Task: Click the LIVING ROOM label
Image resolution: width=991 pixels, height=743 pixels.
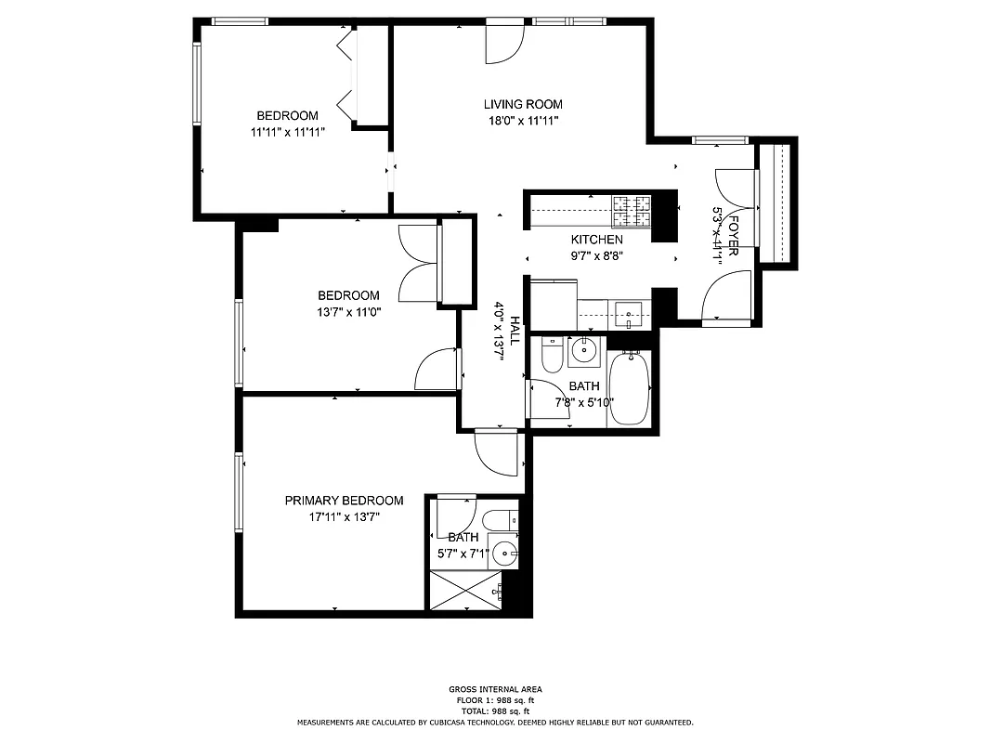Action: click(523, 104)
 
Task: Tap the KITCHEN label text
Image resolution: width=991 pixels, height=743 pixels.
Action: click(596, 240)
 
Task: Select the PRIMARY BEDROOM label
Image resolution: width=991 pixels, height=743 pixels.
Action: click(344, 500)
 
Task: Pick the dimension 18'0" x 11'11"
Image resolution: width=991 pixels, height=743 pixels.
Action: click(523, 120)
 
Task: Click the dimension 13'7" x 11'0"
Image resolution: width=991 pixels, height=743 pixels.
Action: click(348, 312)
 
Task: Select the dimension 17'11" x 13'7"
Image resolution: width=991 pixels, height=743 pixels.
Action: click(345, 515)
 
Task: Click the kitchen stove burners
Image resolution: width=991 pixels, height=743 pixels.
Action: click(632, 211)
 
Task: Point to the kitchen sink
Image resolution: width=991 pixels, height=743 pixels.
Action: click(629, 315)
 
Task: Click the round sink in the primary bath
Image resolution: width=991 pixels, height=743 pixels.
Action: click(504, 554)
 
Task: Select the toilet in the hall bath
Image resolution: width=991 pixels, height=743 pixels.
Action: click(551, 356)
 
